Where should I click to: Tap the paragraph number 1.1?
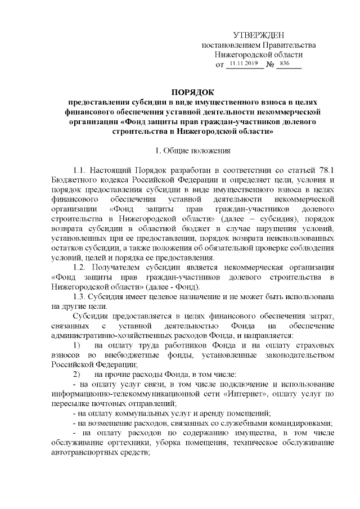tap(79, 169)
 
